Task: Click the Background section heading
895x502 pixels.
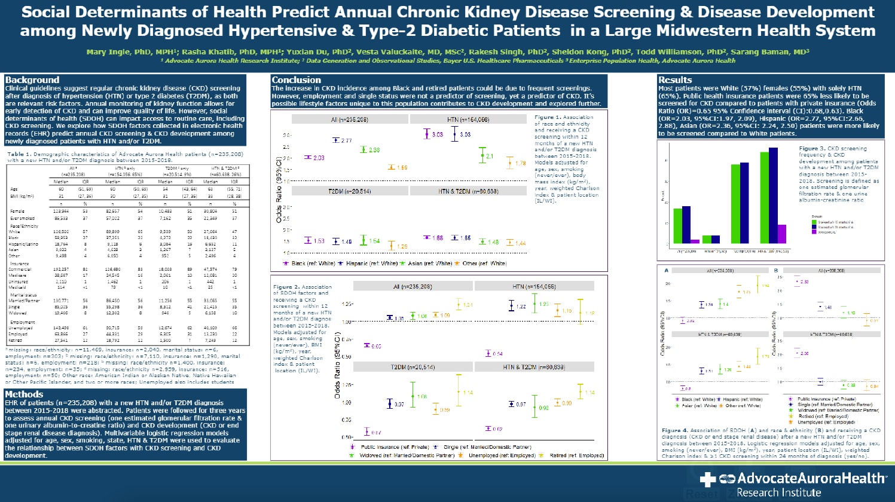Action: [x=32, y=80]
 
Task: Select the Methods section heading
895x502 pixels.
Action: [x=24, y=394]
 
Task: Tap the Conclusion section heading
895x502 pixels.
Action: [x=297, y=80]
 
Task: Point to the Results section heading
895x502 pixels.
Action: [x=675, y=80]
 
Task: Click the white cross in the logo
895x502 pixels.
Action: [x=708, y=479]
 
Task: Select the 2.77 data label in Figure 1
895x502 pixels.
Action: [x=346, y=140]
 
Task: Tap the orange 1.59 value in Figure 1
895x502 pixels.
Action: [x=402, y=168]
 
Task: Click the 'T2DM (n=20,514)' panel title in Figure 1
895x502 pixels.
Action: [x=350, y=191]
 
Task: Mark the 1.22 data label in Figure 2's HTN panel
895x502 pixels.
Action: [x=521, y=307]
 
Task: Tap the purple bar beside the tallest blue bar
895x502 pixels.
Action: [x=782, y=234]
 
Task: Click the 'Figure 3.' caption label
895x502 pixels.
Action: [x=812, y=149]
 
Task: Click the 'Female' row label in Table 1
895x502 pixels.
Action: [x=18, y=211]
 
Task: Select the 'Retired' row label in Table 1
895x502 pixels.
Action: [x=17, y=340]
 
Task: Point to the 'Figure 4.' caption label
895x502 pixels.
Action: [x=674, y=430]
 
